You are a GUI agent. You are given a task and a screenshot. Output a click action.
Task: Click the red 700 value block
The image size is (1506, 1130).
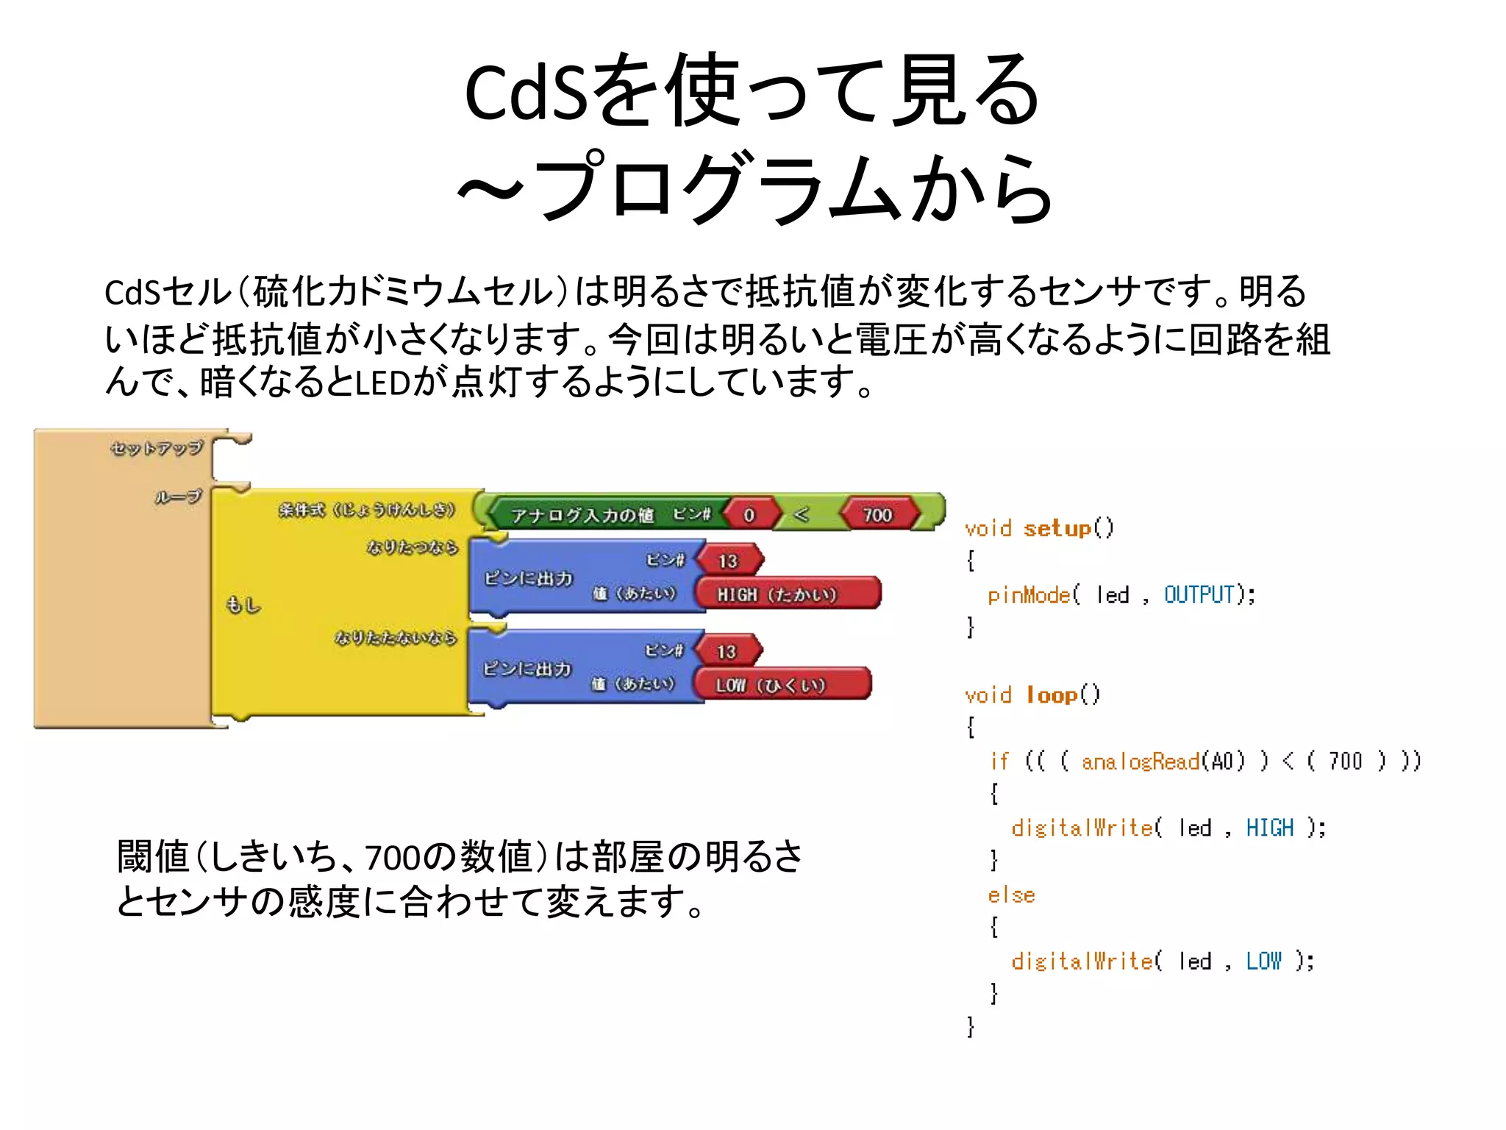[x=878, y=515]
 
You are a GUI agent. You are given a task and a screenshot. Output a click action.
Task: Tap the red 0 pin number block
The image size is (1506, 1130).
[x=749, y=515]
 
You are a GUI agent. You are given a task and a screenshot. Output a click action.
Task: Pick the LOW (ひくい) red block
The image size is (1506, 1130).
[x=779, y=685]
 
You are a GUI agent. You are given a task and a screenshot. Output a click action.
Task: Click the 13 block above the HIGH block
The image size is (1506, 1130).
[x=728, y=561]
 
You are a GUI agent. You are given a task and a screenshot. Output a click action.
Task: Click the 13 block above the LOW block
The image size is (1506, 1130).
[x=727, y=652]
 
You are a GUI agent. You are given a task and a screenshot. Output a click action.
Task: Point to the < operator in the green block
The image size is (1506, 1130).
[x=802, y=515]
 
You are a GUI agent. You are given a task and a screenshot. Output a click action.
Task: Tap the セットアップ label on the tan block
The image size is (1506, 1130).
[x=156, y=448]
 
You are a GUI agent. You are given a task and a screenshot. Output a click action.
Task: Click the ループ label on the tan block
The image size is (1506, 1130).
[x=178, y=497]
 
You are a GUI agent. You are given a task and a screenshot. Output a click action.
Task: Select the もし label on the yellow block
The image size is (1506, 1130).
[x=243, y=605]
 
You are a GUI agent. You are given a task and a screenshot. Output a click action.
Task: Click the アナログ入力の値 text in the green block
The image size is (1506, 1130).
[x=582, y=515]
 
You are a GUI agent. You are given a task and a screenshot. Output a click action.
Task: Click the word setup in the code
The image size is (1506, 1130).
[x=1057, y=528]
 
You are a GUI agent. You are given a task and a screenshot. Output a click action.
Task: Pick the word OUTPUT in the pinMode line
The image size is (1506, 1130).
[x=1199, y=594]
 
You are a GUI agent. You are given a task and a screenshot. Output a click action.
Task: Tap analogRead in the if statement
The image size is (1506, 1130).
[x=1140, y=761]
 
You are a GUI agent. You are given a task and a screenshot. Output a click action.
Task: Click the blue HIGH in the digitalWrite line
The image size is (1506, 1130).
[x=1269, y=828]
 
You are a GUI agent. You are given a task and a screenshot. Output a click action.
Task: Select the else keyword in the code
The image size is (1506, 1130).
[x=1011, y=895]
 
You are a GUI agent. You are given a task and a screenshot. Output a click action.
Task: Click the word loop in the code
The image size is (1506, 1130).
[x=1052, y=695]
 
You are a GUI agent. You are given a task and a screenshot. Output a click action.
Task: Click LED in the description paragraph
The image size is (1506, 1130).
[x=382, y=383]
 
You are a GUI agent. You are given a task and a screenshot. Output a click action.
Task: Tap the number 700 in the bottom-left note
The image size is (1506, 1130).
[x=393, y=858]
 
